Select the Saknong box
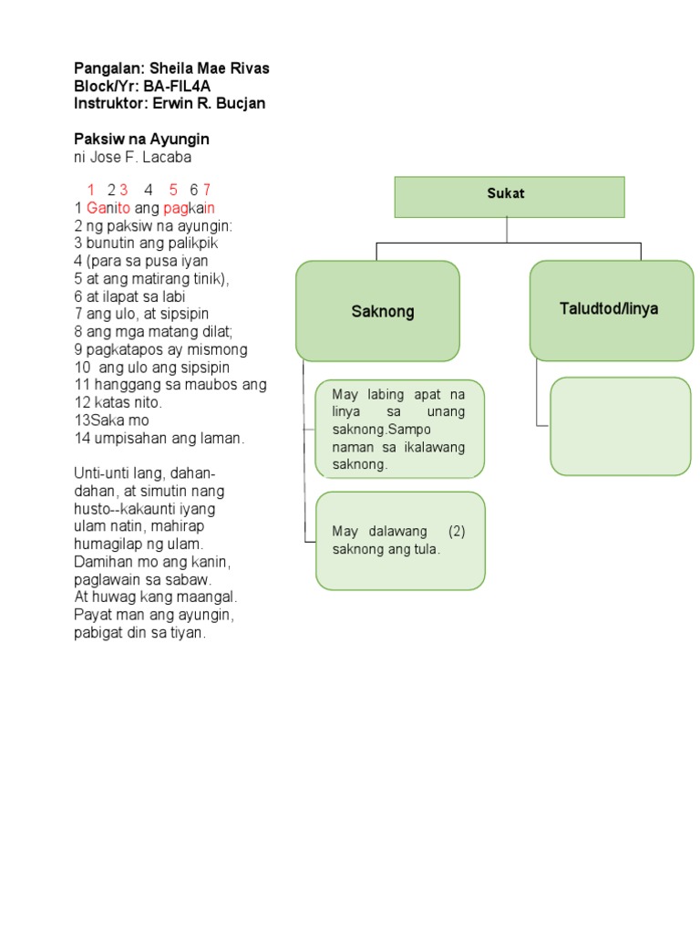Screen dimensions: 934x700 377,311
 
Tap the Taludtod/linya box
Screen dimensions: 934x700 611,309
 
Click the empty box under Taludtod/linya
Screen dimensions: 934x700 620,426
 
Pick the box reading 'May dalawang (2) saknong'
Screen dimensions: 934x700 399,540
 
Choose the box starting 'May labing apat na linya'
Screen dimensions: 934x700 399,429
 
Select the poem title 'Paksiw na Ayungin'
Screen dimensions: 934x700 141,140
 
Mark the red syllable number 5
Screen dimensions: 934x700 173,190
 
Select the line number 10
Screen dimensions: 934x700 81,367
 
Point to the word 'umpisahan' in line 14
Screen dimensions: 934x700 126,438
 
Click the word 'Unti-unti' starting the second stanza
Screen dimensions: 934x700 101,473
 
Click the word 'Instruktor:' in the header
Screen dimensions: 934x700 108,104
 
